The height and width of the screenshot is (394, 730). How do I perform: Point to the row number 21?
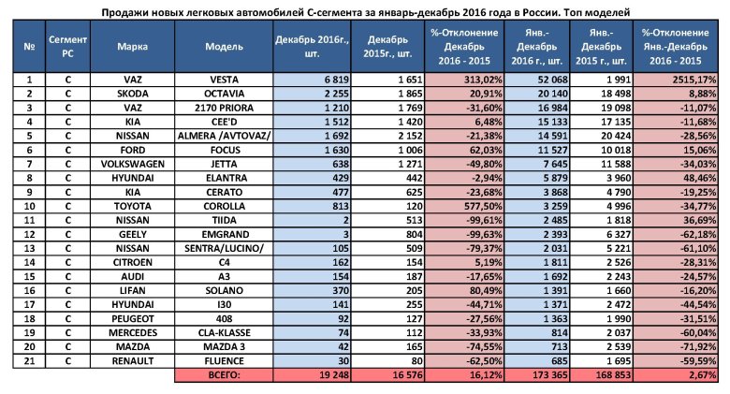pyautogui.click(x=28, y=360)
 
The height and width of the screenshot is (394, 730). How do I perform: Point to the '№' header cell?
pyautogui.click(x=28, y=47)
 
